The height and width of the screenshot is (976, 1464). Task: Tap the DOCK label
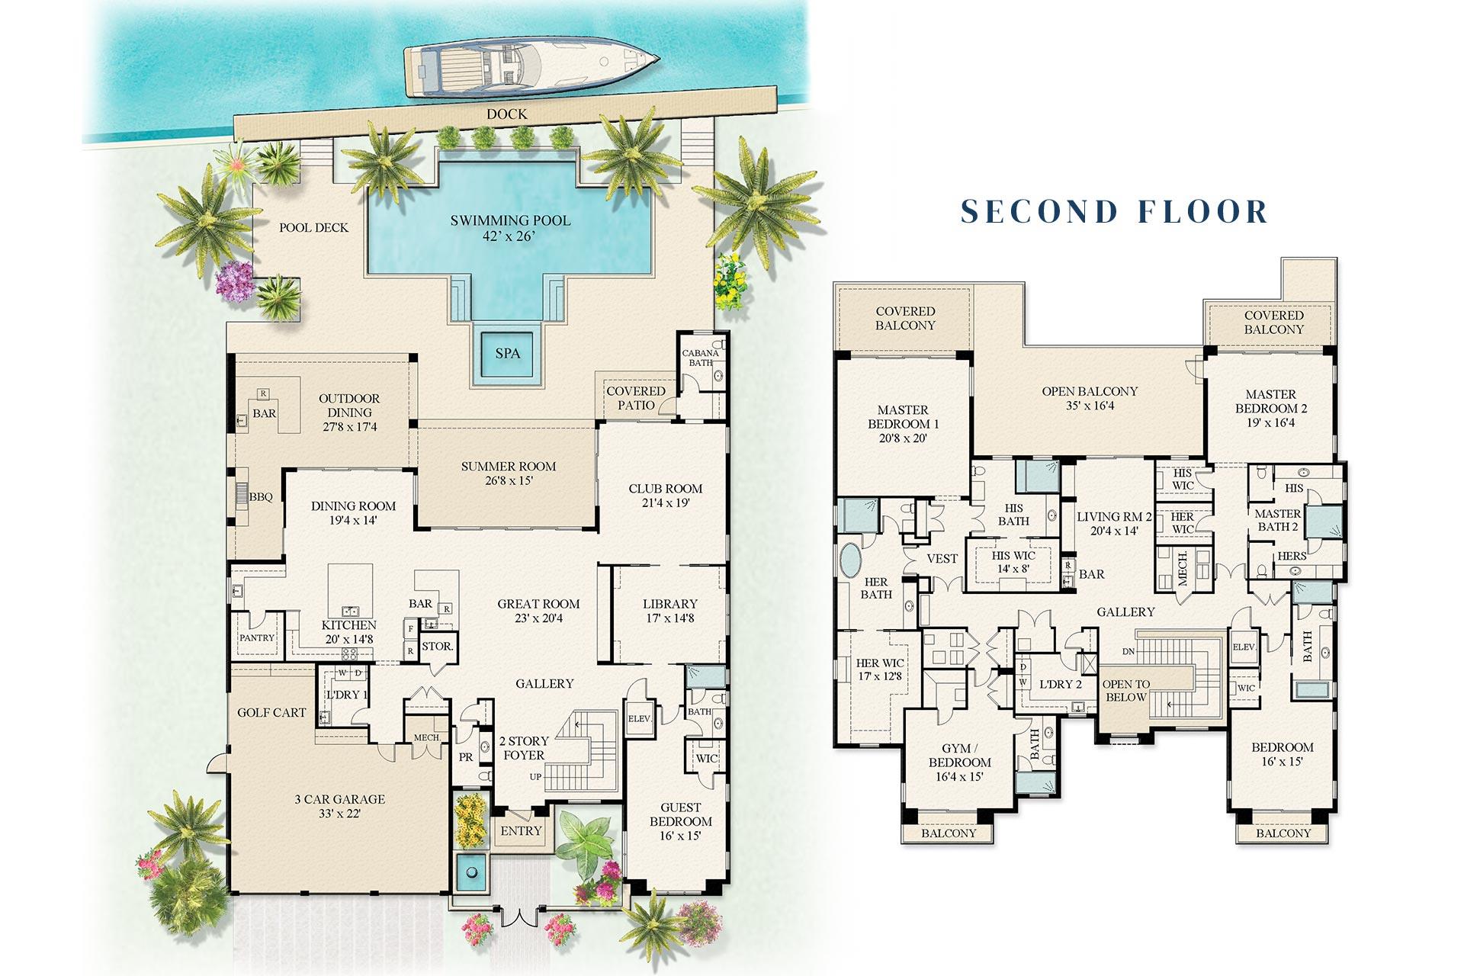click(506, 114)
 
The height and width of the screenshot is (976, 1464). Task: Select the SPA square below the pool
click(508, 353)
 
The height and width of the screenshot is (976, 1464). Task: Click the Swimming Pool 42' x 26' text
click(509, 228)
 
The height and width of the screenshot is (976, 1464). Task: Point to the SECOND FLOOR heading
click(1114, 211)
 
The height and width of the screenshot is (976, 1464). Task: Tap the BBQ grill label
click(261, 497)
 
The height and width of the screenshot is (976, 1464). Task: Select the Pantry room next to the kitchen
click(257, 637)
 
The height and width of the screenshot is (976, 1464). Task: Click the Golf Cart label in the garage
click(271, 712)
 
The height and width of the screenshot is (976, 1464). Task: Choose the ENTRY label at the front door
click(521, 830)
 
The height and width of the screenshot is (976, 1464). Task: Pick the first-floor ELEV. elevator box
click(638, 719)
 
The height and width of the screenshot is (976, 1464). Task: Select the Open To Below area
click(1125, 691)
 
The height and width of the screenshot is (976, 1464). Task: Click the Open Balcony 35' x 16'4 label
click(1090, 398)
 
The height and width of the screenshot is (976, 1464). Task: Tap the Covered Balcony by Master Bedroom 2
click(1273, 323)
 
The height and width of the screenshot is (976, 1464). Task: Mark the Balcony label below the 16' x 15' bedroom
click(1283, 833)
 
